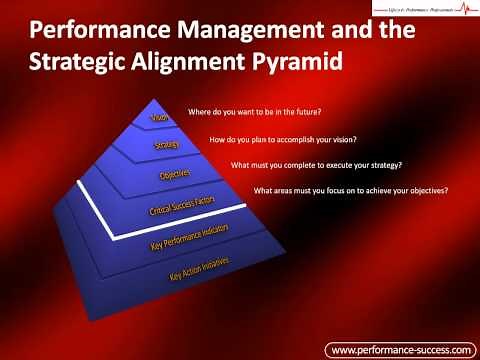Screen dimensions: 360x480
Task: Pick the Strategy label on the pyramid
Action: click(167, 145)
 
